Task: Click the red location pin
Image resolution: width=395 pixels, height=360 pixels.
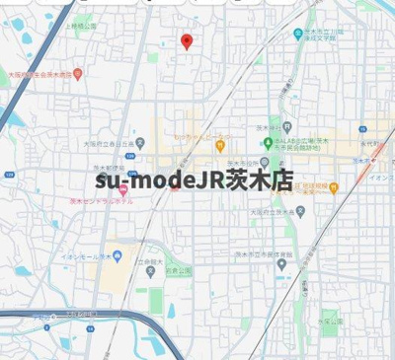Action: [187, 40]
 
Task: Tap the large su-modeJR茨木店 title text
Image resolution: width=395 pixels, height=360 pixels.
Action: [196, 180]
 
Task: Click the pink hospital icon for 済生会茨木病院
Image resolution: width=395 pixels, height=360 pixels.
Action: [78, 74]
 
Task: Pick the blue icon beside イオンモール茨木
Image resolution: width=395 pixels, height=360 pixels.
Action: [118, 256]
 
